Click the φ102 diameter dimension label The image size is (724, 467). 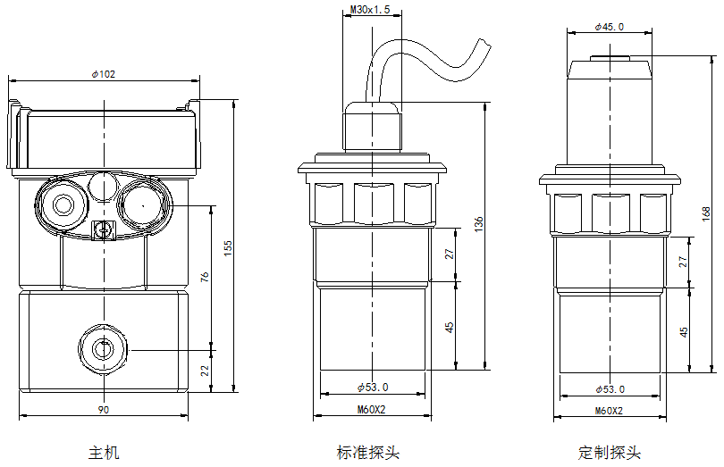tap(104, 73)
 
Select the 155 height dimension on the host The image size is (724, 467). tap(228, 245)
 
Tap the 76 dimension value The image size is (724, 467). tap(206, 277)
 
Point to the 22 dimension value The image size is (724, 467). tap(206, 370)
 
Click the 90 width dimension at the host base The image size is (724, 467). tap(104, 410)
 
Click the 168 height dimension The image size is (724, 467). tap(706, 213)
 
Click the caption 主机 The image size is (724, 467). tap(104, 453)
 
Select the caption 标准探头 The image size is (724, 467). tap(368, 453)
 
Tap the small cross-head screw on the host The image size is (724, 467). tap(104, 231)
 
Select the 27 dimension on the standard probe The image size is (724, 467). tap(450, 254)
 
